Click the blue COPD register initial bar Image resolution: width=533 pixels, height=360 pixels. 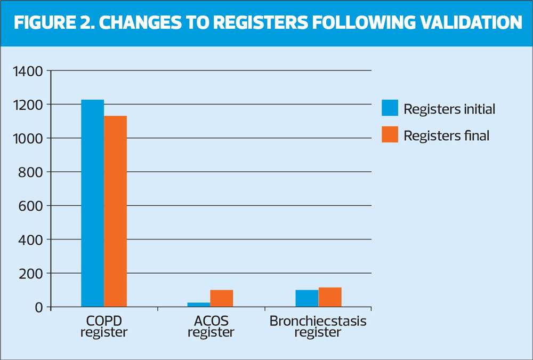(x=92, y=203)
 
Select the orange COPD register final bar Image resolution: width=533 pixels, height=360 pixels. (x=115, y=211)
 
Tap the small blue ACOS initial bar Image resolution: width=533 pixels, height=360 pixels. (x=199, y=305)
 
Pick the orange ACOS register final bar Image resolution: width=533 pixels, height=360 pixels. (x=222, y=299)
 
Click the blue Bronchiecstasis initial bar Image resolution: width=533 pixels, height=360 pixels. (x=307, y=299)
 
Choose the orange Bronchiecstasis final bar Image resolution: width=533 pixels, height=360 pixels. (x=330, y=297)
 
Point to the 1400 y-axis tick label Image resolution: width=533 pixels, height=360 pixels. (x=28, y=71)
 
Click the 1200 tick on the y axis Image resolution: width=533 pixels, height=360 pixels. (x=28, y=105)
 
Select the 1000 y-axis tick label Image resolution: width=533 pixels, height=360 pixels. (x=28, y=139)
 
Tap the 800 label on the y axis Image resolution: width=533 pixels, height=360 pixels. (x=30, y=172)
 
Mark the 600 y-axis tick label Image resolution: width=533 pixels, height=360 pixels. (x=30, y=206)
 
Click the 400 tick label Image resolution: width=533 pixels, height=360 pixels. (x=30, y=240)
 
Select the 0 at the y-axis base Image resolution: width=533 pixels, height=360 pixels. (x=39, y=308)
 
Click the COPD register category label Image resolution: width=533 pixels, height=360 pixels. (x=104, y=326)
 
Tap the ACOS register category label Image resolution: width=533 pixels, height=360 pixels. (x=211, y=326)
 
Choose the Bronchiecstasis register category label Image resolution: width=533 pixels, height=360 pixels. (x=318, y=326)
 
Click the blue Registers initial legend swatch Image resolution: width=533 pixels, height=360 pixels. (x=390, y=108)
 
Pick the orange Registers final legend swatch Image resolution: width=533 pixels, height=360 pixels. (x=390, y=134)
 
